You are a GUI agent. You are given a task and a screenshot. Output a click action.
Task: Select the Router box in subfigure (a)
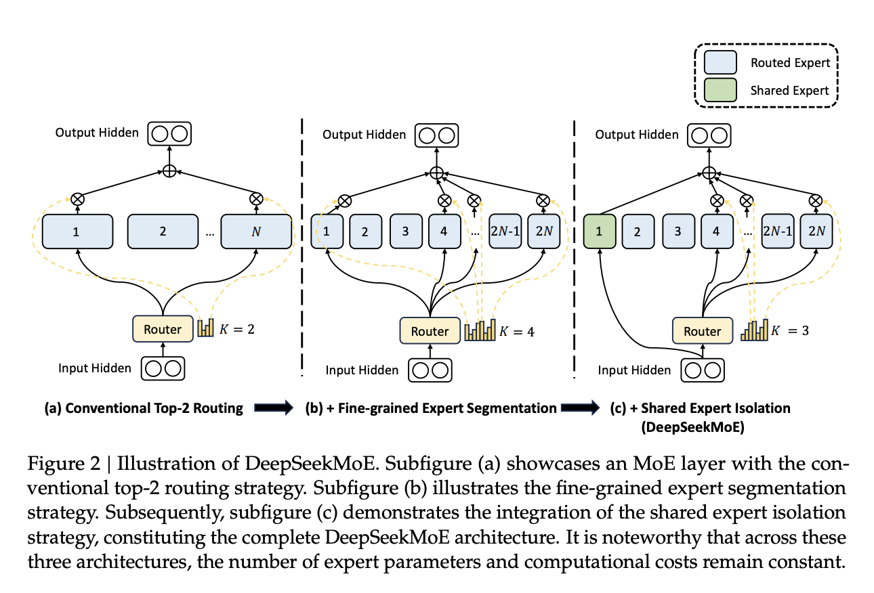click(163, 330)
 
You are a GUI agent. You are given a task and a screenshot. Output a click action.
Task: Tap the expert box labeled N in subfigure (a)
click(256, 231)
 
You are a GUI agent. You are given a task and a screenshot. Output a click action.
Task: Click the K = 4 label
click(517, 332)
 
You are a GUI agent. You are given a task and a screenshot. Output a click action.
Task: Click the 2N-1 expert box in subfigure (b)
click(505, 231)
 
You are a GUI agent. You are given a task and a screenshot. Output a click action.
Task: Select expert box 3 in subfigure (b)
click(405, 231)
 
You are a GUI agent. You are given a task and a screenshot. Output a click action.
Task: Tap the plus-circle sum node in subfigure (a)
click(169, 171)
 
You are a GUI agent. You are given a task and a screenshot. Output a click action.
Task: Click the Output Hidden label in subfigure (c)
click(637, 135)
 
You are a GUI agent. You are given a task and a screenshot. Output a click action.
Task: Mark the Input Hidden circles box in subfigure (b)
click(430, 370)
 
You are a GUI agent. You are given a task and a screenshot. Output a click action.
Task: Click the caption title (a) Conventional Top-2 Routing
click(144, 408)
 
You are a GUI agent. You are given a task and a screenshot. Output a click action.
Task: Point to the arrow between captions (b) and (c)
click(581, 408)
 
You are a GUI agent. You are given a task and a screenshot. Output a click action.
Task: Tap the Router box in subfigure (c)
click(703, 331)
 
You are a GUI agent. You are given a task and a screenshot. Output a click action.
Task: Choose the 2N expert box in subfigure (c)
click(816, 231)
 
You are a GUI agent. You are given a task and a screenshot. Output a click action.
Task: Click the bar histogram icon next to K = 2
click(205, 328)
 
